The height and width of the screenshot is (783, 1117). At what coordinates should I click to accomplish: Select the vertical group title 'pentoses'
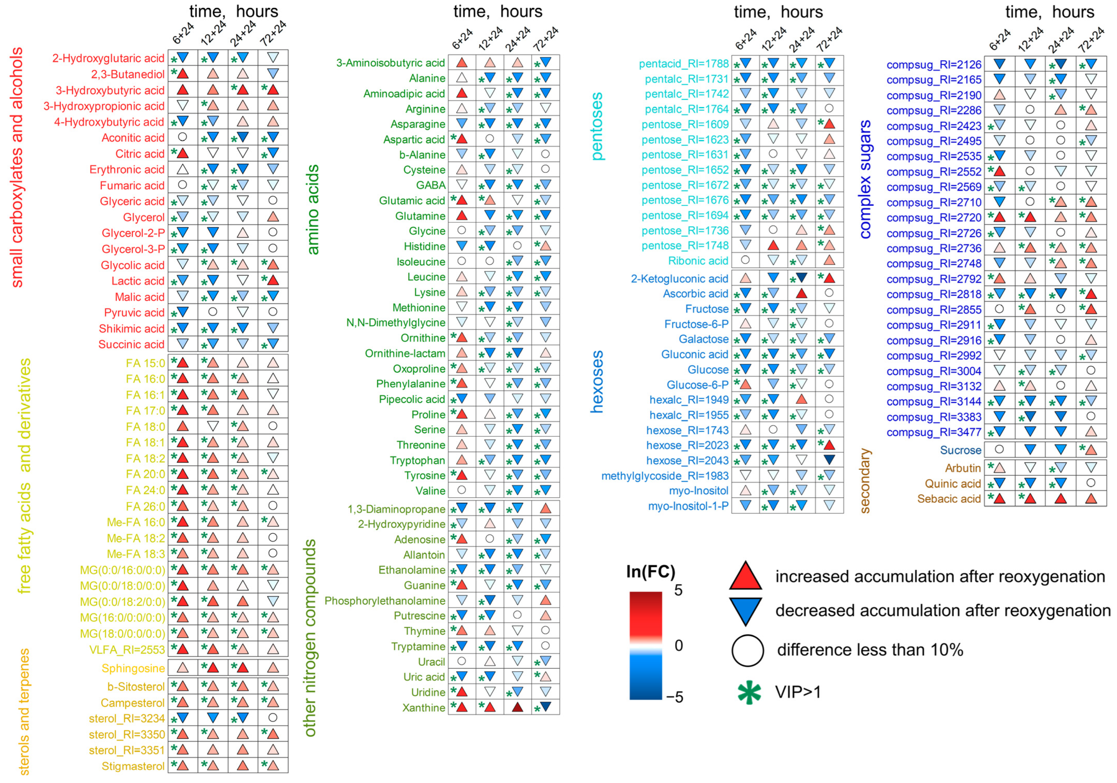[x=597, y=127]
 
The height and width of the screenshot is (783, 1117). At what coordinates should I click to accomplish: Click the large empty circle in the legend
[x=747, y=650]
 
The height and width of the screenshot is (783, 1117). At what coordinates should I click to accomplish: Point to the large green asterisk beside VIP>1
[x=749, y=692]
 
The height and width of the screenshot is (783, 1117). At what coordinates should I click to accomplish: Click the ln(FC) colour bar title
[x=651, y=571]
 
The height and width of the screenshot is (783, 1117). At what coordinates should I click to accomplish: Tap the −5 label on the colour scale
[x=675, y=697]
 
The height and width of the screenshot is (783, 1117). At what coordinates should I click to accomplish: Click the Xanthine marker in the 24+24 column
[x=518, y=707]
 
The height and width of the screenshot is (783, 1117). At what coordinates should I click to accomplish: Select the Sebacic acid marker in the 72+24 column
[x=1091, y=498]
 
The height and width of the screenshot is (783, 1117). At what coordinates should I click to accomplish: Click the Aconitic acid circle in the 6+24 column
[x=182, y=137]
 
